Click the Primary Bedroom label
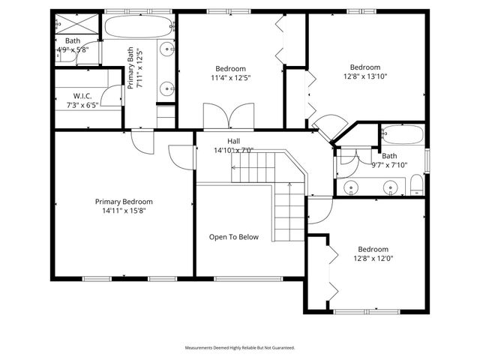124,202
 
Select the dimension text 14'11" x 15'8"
124,211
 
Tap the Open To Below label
233,237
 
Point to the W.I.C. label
82,95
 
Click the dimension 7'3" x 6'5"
82,104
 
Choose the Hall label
234,140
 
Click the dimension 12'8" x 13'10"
365,76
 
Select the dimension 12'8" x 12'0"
373,259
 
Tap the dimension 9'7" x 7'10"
389,165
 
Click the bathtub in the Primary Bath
139,28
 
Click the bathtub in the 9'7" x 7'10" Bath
403,135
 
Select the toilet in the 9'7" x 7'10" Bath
416,184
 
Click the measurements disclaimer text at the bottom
240,348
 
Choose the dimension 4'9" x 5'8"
73,50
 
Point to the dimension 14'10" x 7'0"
234,150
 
